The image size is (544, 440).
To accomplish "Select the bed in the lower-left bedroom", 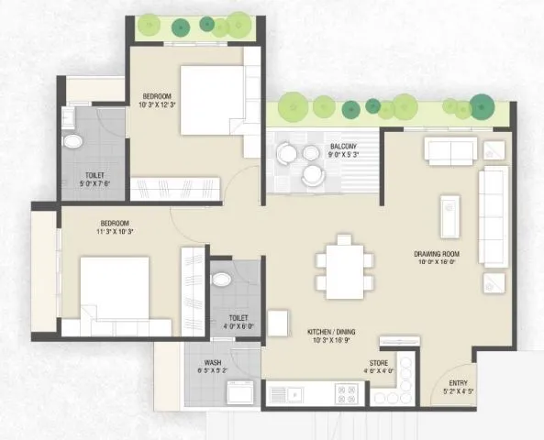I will [114, 288].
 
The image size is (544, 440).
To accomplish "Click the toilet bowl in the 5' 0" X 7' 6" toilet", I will [72, 140].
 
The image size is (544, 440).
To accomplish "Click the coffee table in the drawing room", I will [450, 215].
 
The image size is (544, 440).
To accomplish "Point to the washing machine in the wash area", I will [239, 392].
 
